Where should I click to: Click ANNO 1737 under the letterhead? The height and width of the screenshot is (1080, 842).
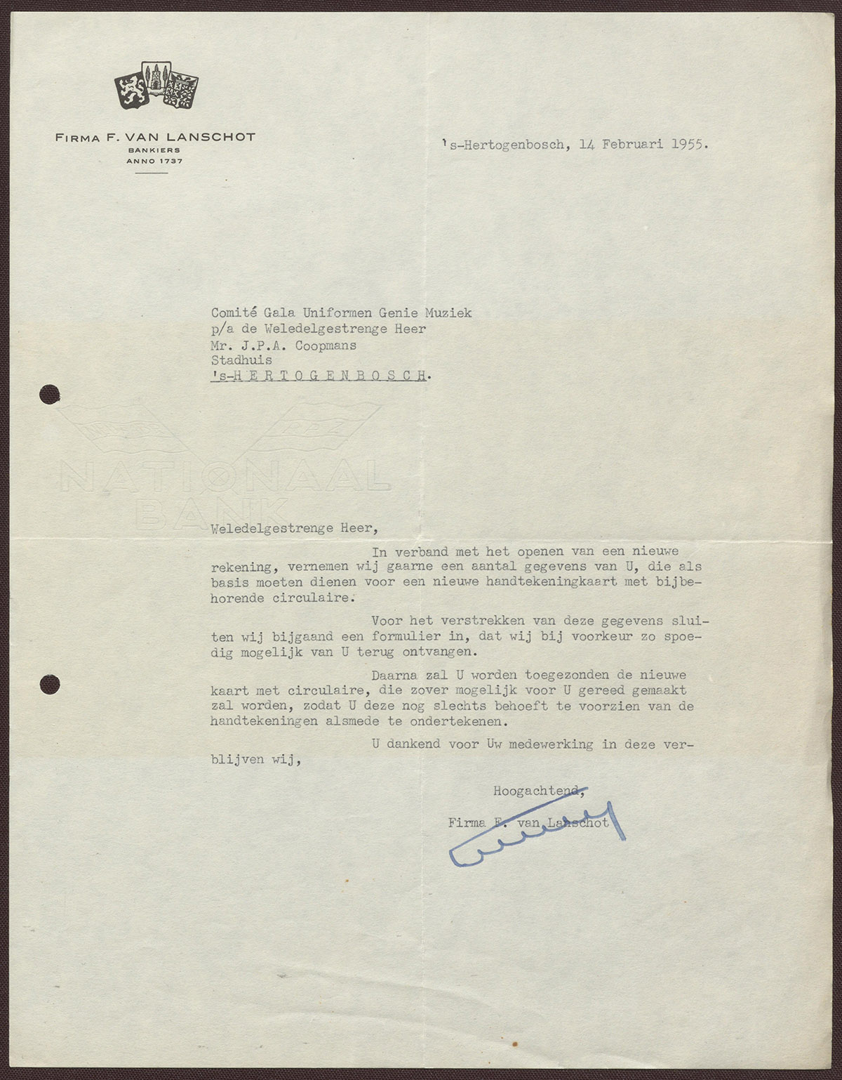click(154, 161)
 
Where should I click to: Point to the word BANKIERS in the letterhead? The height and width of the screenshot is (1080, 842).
click(154, 150)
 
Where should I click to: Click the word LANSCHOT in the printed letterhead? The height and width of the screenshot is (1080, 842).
click(217, 137)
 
